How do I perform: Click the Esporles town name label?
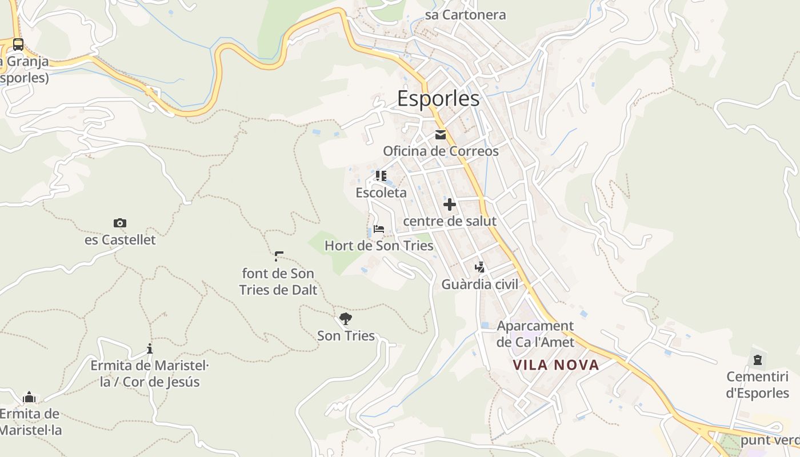[x=438, y=99]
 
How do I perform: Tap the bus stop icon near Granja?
[x=18, y=44]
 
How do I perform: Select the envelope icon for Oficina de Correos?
[x=441, y=135]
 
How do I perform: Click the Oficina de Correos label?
[x=441, y=151]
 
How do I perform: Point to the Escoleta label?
[x=381, y=193]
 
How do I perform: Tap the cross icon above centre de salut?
[x=450, y=204]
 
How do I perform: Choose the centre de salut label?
[x=450, y=221]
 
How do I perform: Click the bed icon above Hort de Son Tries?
[x=378, y=230]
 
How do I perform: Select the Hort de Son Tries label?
[x=379, y=246]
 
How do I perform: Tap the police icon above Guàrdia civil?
[x=479, y=267]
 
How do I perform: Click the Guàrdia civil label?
[x=479, y=284]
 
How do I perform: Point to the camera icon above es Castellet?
[x=120, y=223]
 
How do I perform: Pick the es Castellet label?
[x=120, y=240]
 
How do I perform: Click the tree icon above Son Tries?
[x=345, y=318]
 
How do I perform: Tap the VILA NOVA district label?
[x=555, y=365]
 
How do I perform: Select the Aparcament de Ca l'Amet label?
[x=535, y=334]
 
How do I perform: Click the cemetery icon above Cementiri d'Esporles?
[x=758, y=360]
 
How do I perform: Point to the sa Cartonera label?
[x=465, y=15]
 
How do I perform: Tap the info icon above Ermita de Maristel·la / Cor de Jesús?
[x=150, y=348]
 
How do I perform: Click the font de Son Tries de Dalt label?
[x=278, y=282]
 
